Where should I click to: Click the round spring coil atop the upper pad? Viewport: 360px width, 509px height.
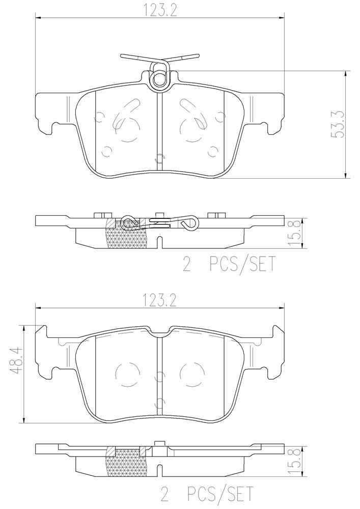click(x=160, y=78)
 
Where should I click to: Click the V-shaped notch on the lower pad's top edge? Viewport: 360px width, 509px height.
click(x=160, y=332)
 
